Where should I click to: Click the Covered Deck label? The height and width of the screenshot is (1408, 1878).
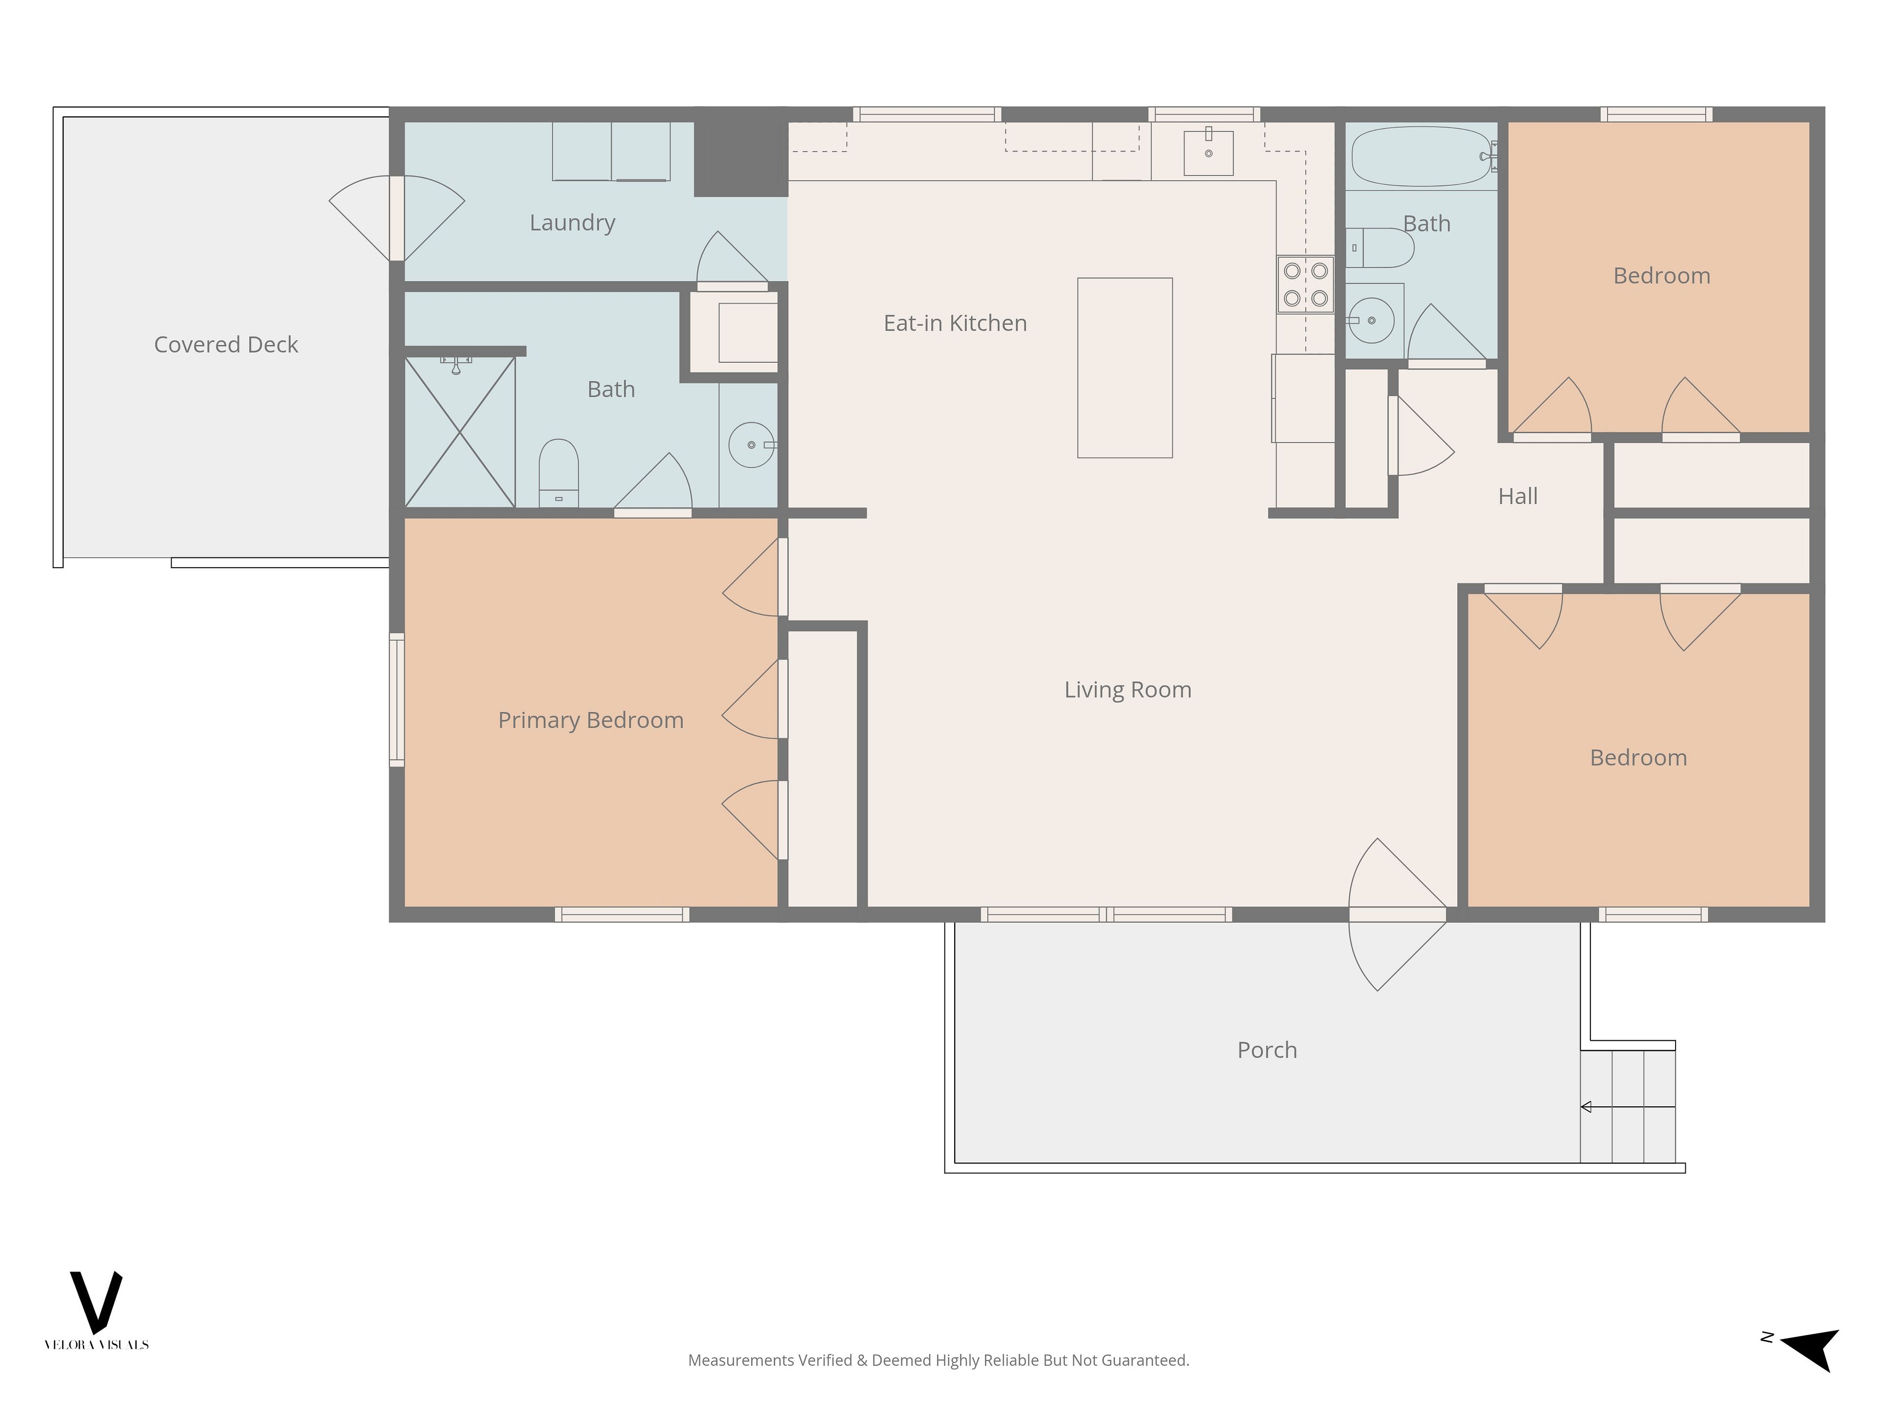226,345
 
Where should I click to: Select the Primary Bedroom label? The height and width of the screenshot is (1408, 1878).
591,721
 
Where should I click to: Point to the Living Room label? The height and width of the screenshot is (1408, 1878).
1127,690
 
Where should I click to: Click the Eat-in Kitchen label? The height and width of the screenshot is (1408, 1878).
955,323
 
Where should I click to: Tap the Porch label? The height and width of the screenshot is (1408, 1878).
1267,1050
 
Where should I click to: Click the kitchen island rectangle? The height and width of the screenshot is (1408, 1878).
1125,368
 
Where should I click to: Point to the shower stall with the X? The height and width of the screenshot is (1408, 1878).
459,432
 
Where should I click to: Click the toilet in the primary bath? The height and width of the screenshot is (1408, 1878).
559,473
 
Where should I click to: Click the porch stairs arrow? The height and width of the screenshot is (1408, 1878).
1628,1107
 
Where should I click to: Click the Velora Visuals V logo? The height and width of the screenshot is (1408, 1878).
96,1302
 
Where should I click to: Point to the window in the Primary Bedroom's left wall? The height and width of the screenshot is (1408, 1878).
397,700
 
